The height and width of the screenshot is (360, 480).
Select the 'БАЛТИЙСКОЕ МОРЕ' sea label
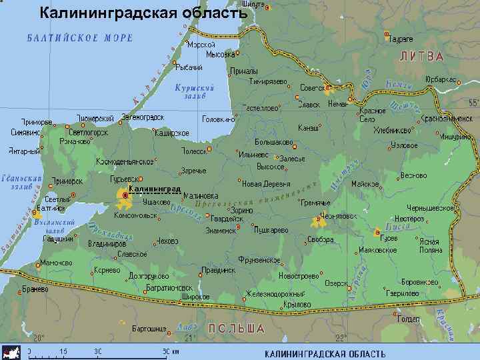[x=79, y=37]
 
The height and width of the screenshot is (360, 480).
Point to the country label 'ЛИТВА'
[x=421, y=57]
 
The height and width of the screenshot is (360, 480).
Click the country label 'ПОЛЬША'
[x=237, y=329]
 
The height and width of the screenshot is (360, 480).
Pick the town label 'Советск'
[x=313, y=87]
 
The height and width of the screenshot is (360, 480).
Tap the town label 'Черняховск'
[x=339, y=216]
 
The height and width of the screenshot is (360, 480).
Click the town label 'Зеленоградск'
[x=143, y=117]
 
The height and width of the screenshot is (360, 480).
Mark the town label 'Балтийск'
[x=51, y=208]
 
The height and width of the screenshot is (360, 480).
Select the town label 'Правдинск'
[x=220, y=271]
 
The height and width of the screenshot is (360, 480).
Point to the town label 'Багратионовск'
[x=169, y=288]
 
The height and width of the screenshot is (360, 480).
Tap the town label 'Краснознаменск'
[x=447, y=118]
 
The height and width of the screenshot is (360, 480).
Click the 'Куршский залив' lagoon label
[x=194, y=91]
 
